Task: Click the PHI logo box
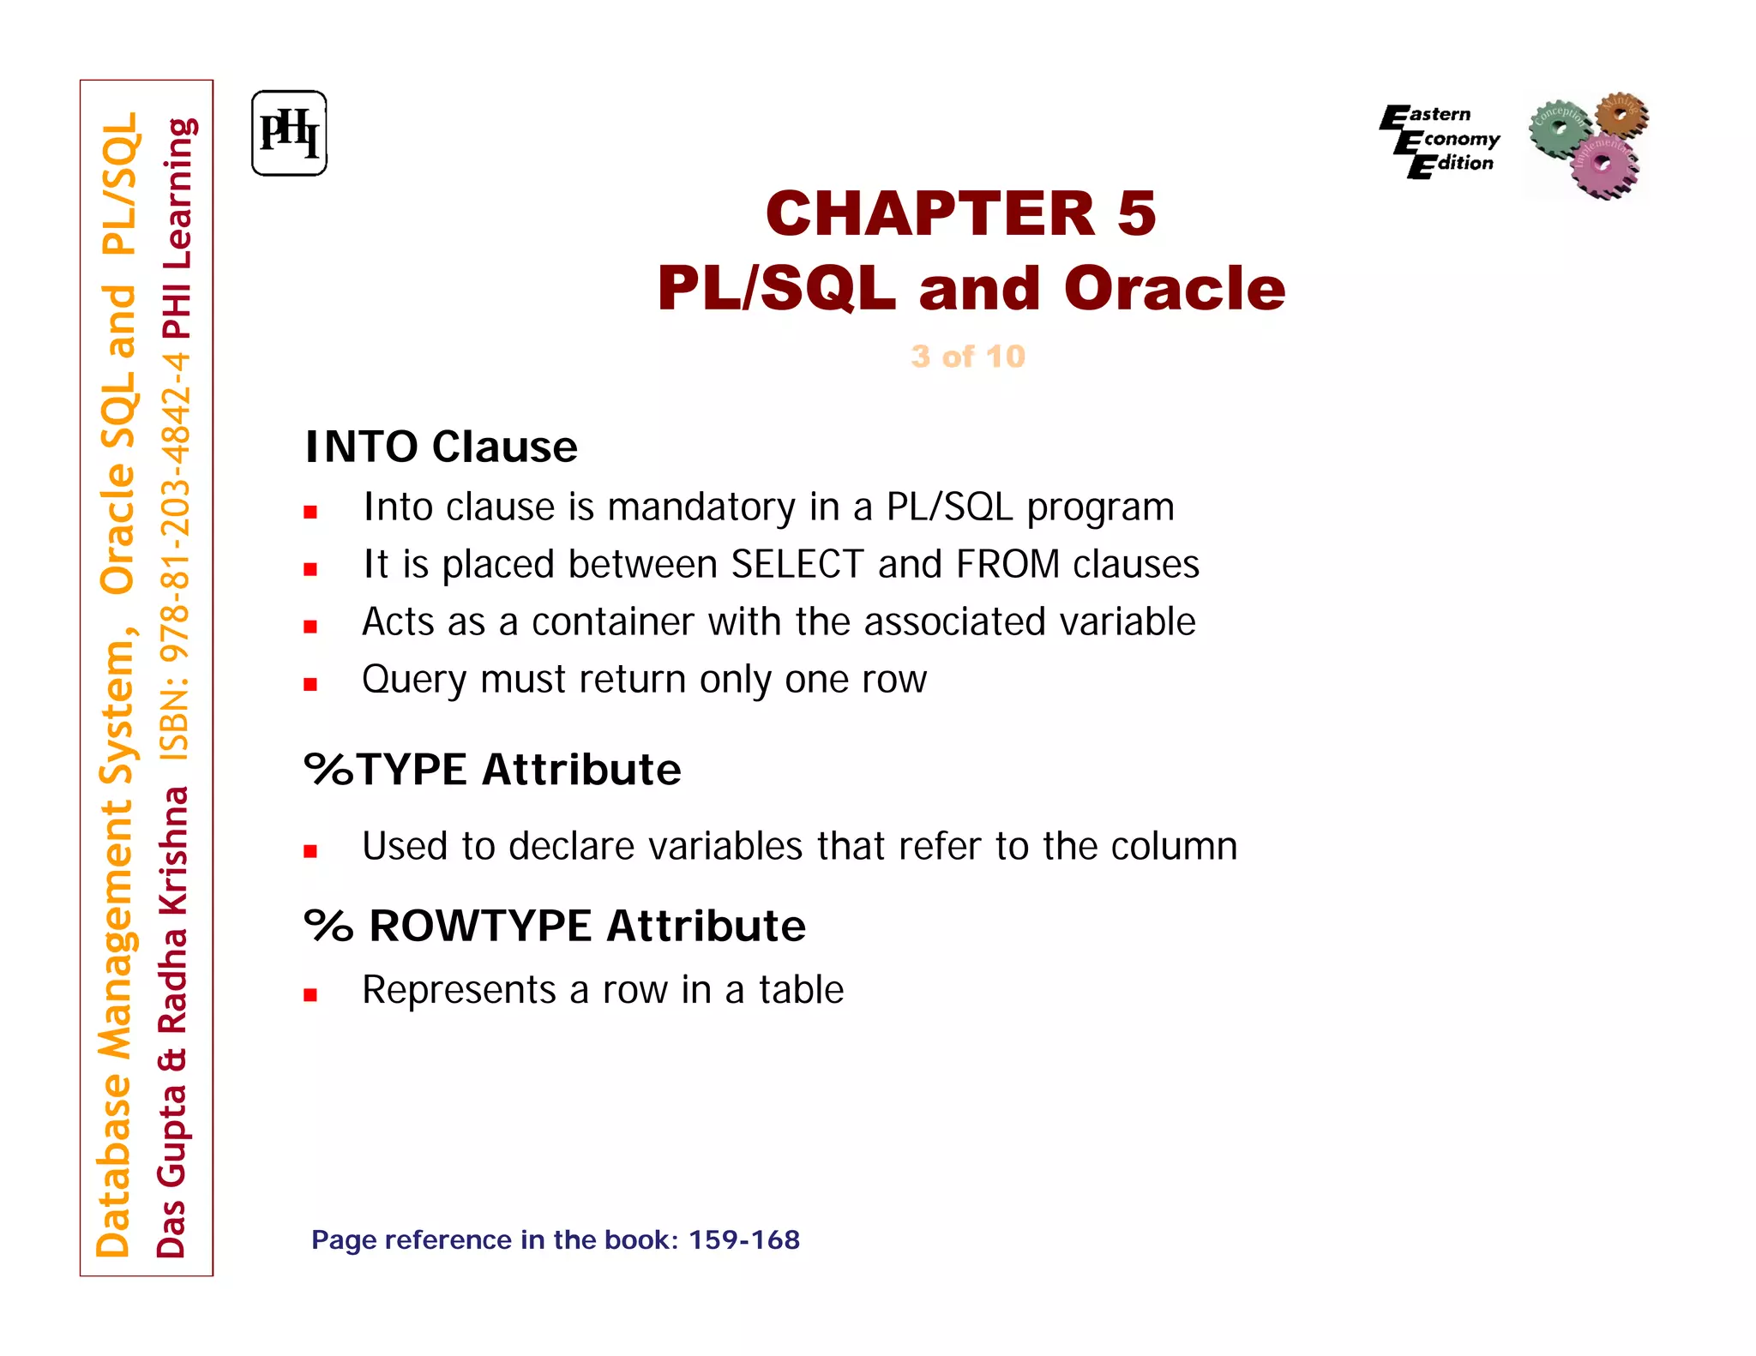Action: click(289, 134)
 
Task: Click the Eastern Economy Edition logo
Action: click(1440, 140)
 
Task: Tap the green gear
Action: click(1559, 129)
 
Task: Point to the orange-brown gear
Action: click(1621, 115)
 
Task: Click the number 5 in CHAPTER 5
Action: click(1136, 213)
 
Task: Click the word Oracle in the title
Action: click(1174, 288)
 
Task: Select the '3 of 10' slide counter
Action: click(967, 356)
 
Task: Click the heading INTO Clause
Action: click(441, 447)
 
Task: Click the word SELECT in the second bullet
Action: click(797, 565)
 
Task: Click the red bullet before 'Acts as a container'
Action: click(310, 627)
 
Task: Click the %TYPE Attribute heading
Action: click(492, 769)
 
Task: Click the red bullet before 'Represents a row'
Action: click(310, 994)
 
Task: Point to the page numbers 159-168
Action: click(743, 1239)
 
